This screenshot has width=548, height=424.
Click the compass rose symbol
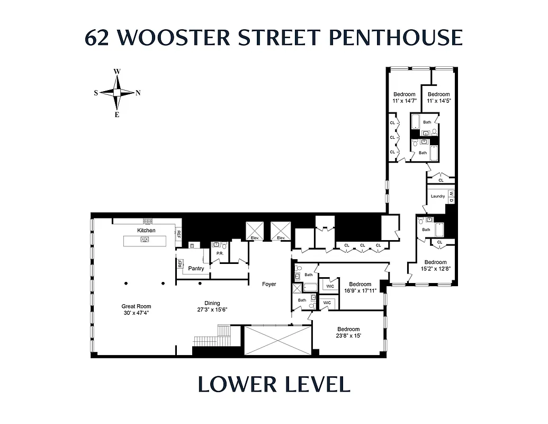[117, 92]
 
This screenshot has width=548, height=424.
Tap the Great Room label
[136, 310]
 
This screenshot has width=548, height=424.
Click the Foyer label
[269, 284]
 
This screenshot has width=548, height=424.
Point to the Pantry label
[196, 269]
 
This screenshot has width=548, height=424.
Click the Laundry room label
[438, 196]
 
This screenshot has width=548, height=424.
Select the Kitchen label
[146, 231]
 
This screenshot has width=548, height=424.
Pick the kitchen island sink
[144, 240]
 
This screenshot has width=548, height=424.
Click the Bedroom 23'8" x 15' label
[348, 332]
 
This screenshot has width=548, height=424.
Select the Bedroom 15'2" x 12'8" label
[435, 265]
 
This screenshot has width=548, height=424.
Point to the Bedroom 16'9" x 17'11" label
[360, 287]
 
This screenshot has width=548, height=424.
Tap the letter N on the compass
[138, 93]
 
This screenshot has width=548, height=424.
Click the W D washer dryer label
[451, 196]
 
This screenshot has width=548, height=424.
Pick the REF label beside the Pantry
[181, 263]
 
